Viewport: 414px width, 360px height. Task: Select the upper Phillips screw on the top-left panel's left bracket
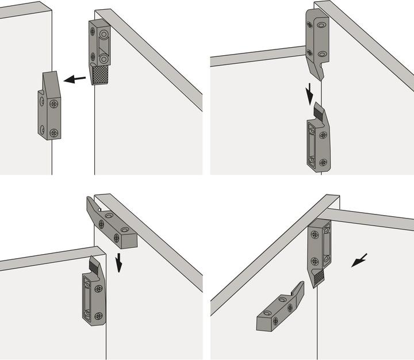point(54,104)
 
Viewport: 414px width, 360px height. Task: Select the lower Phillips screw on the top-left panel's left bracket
point(53,132)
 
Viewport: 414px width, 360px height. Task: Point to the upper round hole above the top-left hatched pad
point(104,35)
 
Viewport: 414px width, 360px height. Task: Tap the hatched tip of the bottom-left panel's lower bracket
point(93,265)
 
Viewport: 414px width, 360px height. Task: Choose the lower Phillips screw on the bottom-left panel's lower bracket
point(98,315)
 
